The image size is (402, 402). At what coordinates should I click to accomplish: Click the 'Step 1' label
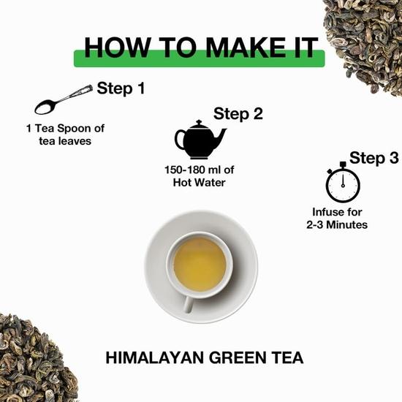(121, 90)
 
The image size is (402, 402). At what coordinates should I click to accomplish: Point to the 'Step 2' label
(238, 113)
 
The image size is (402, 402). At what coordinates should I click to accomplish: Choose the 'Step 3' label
(374, 158)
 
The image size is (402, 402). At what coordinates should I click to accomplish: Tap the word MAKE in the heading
(233, 47)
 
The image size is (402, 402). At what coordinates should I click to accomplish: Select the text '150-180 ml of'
(200, 170)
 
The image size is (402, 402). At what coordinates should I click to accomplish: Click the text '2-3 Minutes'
(337, 225)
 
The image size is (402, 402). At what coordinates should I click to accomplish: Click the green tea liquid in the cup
(200, 264)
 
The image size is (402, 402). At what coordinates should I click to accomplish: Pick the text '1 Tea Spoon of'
(65, 129)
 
